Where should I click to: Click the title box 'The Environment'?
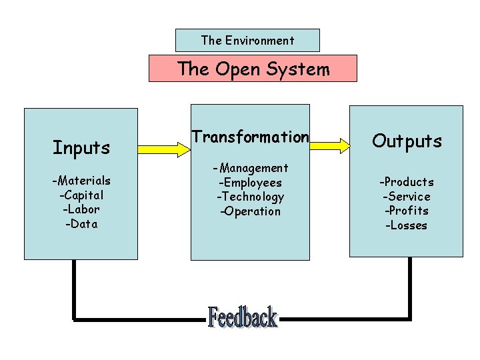(x=247, y=40)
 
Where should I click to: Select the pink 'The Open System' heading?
(x=253, y=69)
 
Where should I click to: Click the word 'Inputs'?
(x=81, y=147)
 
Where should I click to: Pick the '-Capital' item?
(x=81, y=195)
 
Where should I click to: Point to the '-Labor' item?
(x=81, y=209)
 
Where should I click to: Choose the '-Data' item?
(x=81, y=224)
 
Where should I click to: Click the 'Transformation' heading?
(x=250, y=137)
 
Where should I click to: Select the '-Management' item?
(x=250, y=168)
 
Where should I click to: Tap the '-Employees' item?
(x=250, y=183)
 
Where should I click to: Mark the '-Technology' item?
(x=250, y=197)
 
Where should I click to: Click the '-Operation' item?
(x=250, y=211)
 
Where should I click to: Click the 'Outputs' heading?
(x=407, y=141)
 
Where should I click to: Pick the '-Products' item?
(x=407, y=182)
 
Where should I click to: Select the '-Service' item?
(x=407, y=197)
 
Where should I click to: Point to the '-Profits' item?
(x=407, y=211)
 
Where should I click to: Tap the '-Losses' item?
(x=407, y=225)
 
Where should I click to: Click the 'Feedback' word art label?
(x=242, y=317)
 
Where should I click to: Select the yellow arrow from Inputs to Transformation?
(x=164, y=150)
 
